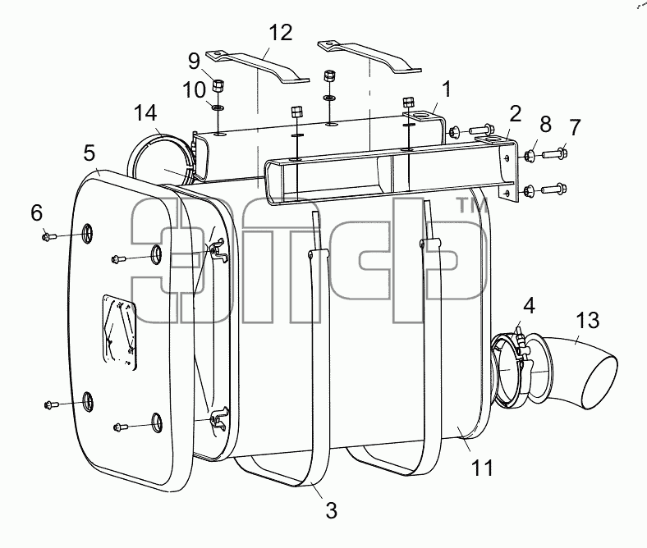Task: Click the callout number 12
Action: pos(281,32)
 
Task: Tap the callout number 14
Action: pos(145,113)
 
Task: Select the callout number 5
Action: pos(89,153)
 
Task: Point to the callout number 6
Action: pos(37,213)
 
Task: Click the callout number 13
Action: pos(588,320)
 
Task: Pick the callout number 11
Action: pos(482,468)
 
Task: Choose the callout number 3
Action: pos(332,510)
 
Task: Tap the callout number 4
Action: pos(529,306)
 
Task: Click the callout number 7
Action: pos(576,127)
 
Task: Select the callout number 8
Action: pos(546,124)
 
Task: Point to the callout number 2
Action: pos(516,114)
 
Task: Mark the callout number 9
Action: pos(194,62)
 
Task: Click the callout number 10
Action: pos(194,89)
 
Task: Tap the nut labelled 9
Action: pos(218,85)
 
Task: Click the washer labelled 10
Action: pos(218,108)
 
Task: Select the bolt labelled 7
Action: pos(554,153)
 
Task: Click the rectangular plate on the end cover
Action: pos(119,332)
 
